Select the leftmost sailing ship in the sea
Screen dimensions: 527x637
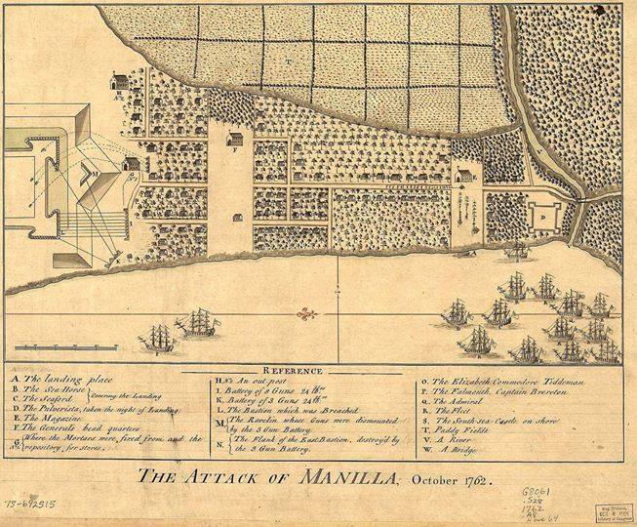(x=159, y=338)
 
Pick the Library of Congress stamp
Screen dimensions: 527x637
(x=611, y=507)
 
